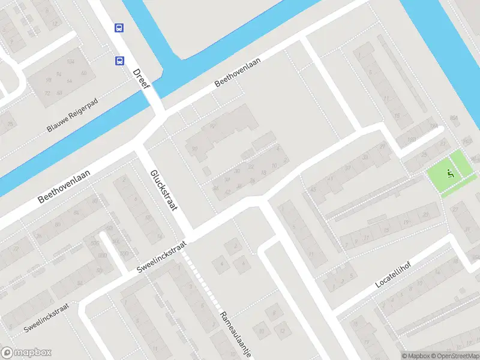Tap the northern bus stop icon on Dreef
119,28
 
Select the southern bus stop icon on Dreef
119,60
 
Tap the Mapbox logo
26,353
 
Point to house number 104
71,61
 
